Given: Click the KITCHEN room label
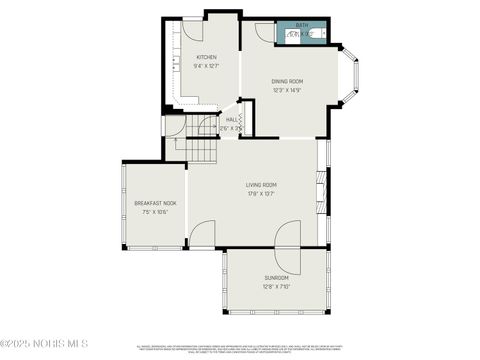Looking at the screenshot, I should (207, 57).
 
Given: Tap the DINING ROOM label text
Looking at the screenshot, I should (287, 81).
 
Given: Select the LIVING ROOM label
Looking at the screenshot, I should (261, 185).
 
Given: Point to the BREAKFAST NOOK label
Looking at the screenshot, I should (155, 203).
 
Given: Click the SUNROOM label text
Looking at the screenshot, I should (276, 277).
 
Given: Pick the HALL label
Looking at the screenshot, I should (231, 119).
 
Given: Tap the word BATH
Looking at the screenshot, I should (302, 24).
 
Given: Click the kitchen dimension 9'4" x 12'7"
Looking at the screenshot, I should (207, 66).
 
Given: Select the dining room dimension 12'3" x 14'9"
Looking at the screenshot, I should (287, 90).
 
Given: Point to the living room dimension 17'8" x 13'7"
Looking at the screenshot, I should (261, 194).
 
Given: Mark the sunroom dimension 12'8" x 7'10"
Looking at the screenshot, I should (276, 286).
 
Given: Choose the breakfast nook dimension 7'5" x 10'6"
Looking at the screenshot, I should (155, 212).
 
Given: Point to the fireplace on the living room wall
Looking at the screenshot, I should (323, 190).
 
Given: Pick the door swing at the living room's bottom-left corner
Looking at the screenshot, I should (201, 235).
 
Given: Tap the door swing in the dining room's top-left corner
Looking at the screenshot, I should (264, 31).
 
